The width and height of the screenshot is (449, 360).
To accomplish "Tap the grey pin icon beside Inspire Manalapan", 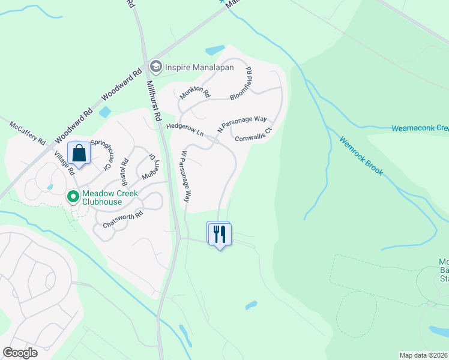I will click(x=156, y=65).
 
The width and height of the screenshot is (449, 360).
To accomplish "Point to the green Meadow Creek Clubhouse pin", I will click(x=73, y=196).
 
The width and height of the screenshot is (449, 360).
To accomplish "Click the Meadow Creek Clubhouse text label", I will click(x=110, y=197).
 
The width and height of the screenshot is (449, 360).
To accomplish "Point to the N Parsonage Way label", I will click(x=241, y=124).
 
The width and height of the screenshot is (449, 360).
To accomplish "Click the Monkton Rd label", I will click(x=194, y=93).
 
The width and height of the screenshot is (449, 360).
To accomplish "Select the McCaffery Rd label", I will click(x=28, y=133).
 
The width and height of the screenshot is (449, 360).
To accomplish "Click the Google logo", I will click(x=20, y=353).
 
